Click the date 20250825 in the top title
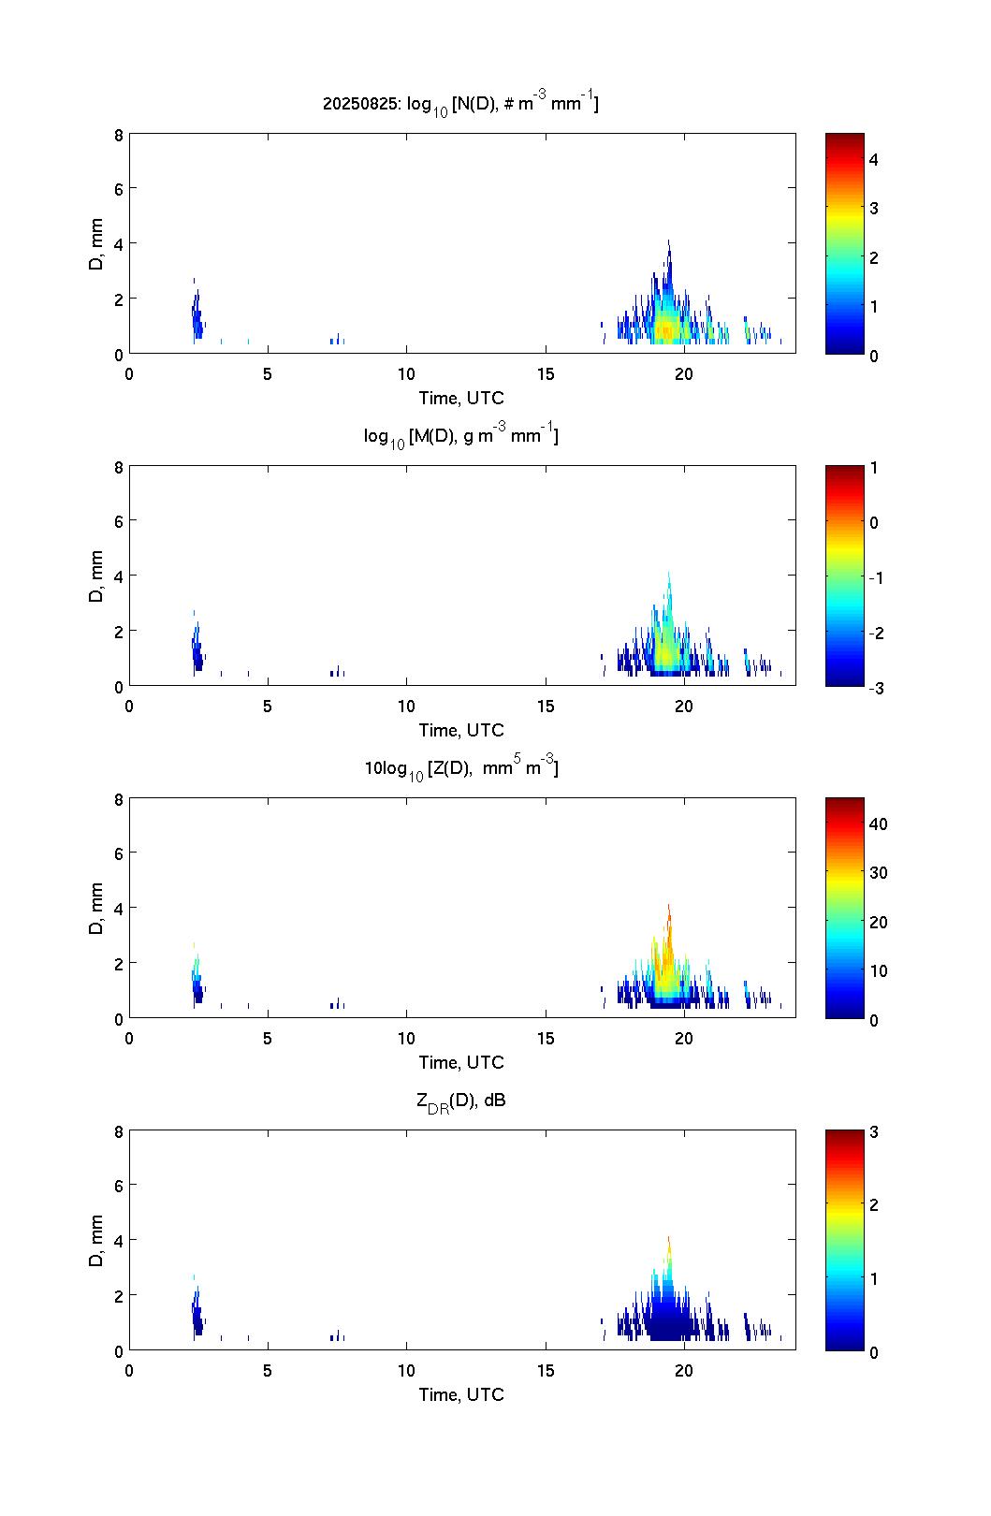[x=361, y=105]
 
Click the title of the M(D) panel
[x=460, y=436]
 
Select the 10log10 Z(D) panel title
[x=460, y=768]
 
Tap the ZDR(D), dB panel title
[x=460, y=1101]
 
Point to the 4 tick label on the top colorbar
[x=874, y=160]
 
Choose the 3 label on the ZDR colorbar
[x=874, y=1131]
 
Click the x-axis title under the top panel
[x=460, y=398]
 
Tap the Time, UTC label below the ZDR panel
[x=460, y=1394]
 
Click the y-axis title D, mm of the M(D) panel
[x=96, y=576]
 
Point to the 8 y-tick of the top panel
[x=119, y=134]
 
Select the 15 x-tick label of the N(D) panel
[x=546, y=374]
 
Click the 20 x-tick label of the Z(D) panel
[x=684, y=1039]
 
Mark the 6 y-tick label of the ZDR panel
[x=119, y=1185]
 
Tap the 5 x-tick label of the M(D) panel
[x=268, y=707]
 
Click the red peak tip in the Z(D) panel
[x=669, y=909]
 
